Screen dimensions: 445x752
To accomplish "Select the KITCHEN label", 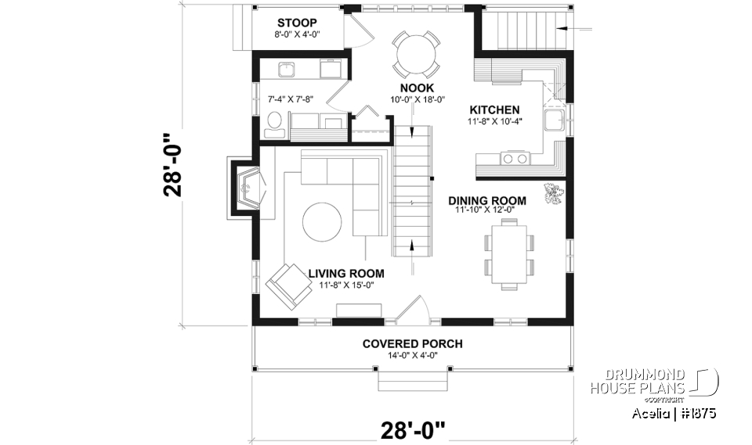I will coord(494,109).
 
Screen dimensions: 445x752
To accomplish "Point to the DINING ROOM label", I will coord(486,200).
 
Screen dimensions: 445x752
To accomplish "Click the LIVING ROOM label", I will coord(345,273).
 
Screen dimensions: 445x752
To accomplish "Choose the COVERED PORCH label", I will coord(412,343).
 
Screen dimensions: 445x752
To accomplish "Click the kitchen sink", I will coord(555,121).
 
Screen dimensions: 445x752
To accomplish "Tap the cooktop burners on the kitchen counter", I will coord(514,159).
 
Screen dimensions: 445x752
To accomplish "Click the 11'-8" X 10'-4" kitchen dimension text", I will coord(494,121).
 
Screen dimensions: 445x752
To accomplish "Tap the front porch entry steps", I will coord(413,380).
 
